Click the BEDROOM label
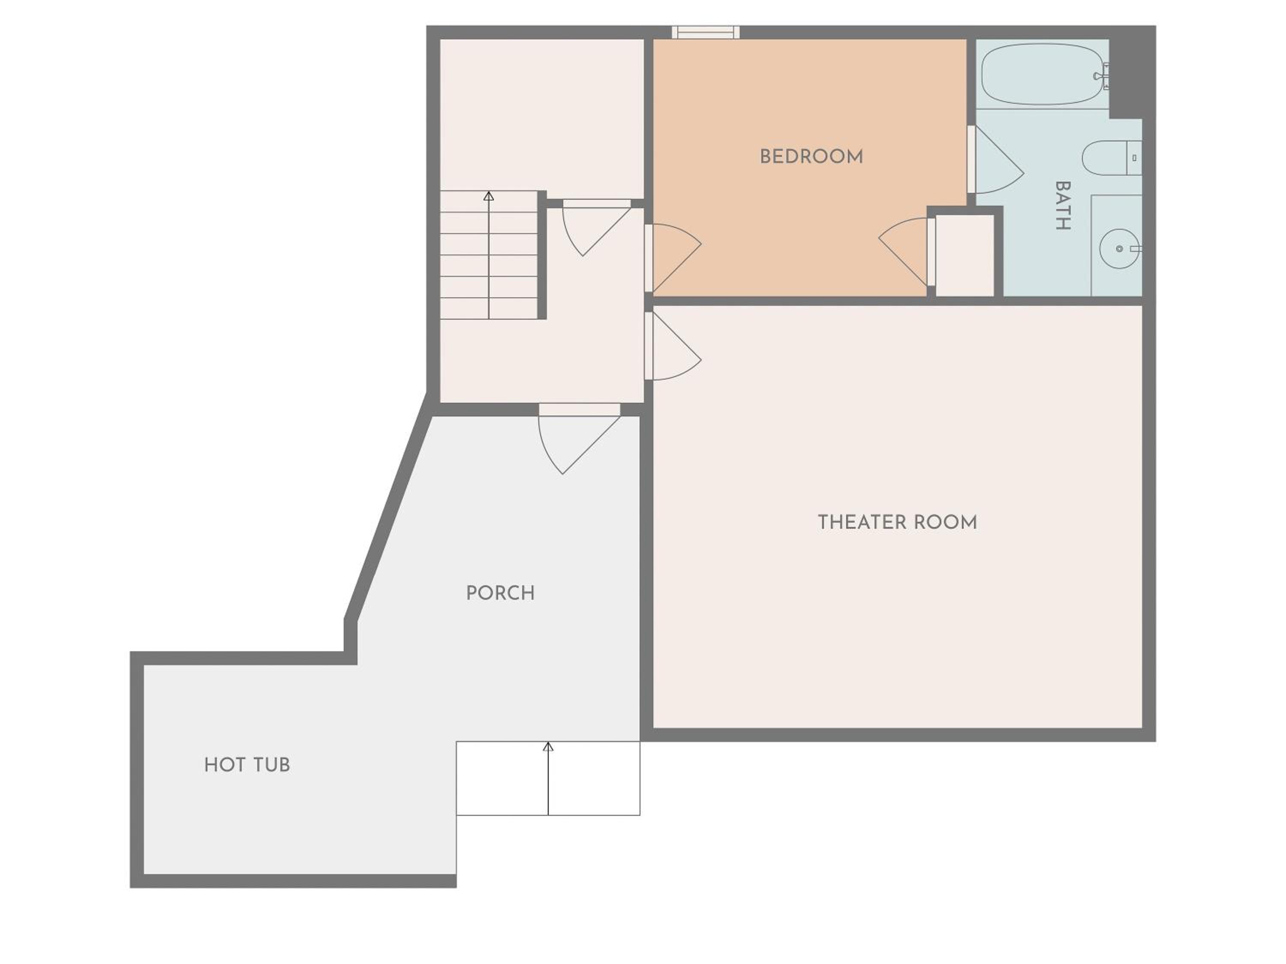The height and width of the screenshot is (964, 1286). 811,157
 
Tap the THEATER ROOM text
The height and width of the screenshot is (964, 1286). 897,522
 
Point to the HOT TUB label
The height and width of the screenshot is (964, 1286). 247,765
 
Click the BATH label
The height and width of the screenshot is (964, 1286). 1063,206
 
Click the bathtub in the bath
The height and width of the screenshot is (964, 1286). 1043,74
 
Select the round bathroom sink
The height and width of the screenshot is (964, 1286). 1119,248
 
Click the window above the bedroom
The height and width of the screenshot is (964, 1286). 706,32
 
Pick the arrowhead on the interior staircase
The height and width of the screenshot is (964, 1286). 489,196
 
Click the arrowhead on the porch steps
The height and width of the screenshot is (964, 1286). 548,746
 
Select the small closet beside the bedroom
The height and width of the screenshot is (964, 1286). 964,255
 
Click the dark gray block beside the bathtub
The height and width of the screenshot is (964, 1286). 1132,73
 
